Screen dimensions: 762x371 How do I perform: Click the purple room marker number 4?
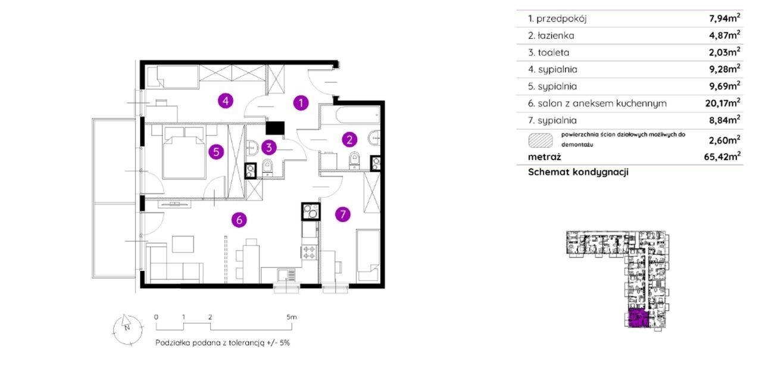(225, 101)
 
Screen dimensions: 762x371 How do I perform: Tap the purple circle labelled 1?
(301, 103)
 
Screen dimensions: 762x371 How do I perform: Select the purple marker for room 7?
(342, 214)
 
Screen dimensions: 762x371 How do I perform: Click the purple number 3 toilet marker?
(268, 147)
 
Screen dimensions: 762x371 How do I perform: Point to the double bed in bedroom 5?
(185, 152)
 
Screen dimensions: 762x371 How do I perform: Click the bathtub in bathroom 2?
(358, 115)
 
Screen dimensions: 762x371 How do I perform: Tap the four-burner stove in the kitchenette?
(309, 252)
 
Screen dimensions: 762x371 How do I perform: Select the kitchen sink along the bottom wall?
(286, 275)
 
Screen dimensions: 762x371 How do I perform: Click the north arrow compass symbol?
(127, 329)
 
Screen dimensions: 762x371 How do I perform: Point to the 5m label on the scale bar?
(292, 317)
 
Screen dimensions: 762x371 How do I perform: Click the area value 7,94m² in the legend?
(724, 18)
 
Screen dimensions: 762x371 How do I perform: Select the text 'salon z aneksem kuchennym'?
(602, 103)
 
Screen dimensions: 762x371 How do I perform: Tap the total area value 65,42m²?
(722, 157)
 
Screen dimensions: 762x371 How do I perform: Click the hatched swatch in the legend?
(541, 140)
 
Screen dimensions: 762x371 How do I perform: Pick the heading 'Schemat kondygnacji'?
(578, 172)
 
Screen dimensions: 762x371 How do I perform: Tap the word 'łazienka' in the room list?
(556, 35)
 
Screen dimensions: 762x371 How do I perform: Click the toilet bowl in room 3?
(267, 168)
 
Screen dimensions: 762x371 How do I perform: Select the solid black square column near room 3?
(275, 128)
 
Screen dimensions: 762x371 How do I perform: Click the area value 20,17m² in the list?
(723, 103)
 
